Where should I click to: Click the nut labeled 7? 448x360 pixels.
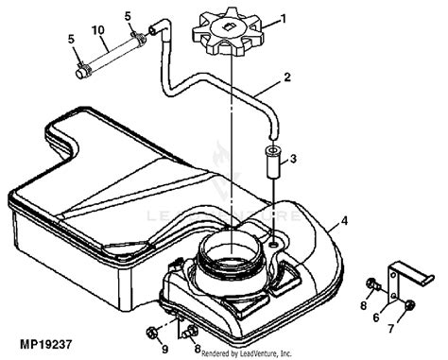409,304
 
